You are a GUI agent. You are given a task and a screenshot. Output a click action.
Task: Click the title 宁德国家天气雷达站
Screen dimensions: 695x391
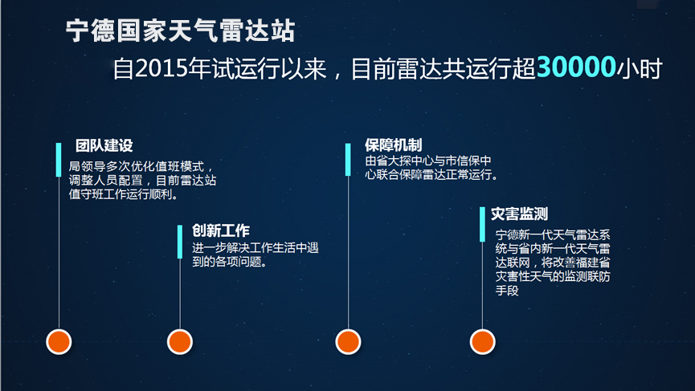point(181,31)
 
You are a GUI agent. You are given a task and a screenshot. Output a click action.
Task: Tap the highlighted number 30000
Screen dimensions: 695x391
point(576,67)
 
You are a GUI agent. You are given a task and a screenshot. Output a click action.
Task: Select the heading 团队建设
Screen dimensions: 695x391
point(104,145)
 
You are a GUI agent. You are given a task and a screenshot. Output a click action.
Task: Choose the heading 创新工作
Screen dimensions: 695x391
point(221,230)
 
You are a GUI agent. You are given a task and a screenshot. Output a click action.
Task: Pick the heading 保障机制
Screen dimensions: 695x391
point(393,145)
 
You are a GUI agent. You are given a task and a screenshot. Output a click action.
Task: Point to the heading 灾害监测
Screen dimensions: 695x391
point(519,214)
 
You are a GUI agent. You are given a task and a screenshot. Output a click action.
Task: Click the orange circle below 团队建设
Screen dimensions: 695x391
point(59,342)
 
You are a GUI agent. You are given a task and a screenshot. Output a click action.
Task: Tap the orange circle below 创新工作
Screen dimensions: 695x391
point(179,342)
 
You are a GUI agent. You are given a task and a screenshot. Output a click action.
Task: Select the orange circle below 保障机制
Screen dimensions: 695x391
point(348,342)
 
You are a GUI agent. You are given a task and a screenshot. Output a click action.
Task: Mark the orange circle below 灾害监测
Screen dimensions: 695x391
point(482,342)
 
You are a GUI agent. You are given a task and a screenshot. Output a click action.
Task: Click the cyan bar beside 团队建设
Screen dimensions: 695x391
point(59,160)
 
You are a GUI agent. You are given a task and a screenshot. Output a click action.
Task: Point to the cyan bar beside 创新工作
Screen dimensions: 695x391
point(179,242)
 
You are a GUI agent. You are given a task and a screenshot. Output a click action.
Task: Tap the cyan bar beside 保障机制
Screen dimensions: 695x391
point(348,160)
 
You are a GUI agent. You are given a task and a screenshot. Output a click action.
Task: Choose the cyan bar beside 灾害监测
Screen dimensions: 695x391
point(482,224)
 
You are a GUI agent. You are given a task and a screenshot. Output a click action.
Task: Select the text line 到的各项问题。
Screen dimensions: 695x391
point(230,262)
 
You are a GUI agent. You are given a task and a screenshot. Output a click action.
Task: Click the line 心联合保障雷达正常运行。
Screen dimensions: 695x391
point(431,174)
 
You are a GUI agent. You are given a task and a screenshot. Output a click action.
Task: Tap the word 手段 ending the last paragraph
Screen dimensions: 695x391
point(507,291)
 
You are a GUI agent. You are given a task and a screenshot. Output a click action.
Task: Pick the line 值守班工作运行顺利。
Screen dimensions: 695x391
point(124,194)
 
